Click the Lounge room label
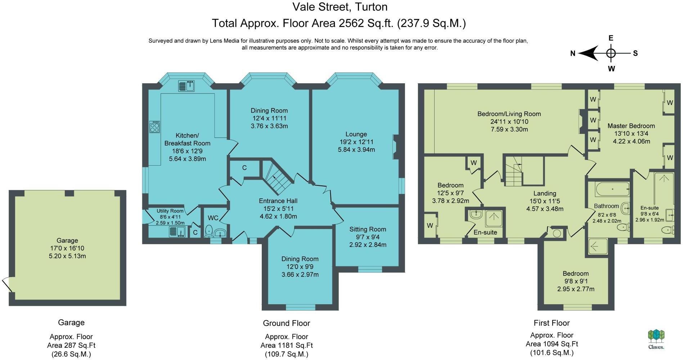point(356,134)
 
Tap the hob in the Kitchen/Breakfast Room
point(155,127)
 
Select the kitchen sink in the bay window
point(187,86)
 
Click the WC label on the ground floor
point(213,218)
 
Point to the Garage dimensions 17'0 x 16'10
point(67,248)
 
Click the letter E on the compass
point(611,38)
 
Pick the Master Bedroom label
point(631,126)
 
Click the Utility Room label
point(170,211)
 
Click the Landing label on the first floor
point(544,193)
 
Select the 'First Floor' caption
point(551,323)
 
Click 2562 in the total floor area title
point(351,23)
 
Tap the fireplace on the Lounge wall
point(396,147)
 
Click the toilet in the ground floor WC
point(208,231)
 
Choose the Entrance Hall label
point(278,201)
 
